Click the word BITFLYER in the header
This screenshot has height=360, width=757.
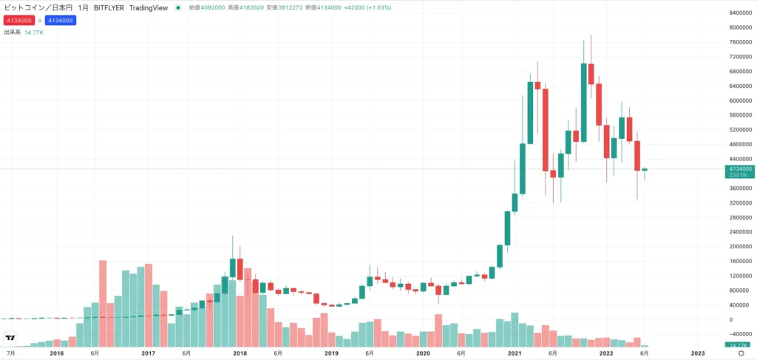[x=109, y=7]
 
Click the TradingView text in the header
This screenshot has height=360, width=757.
[x=146, y=7]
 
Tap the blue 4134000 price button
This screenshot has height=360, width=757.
[x=60, y=20]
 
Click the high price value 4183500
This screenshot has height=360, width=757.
[x=259, y=7]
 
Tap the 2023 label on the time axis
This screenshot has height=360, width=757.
[x=698, y=353]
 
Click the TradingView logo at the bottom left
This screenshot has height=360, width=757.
[x=10, y=339]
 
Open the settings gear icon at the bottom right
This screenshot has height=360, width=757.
[x=741, y=353]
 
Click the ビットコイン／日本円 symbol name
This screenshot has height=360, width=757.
[x=34, y=7]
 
